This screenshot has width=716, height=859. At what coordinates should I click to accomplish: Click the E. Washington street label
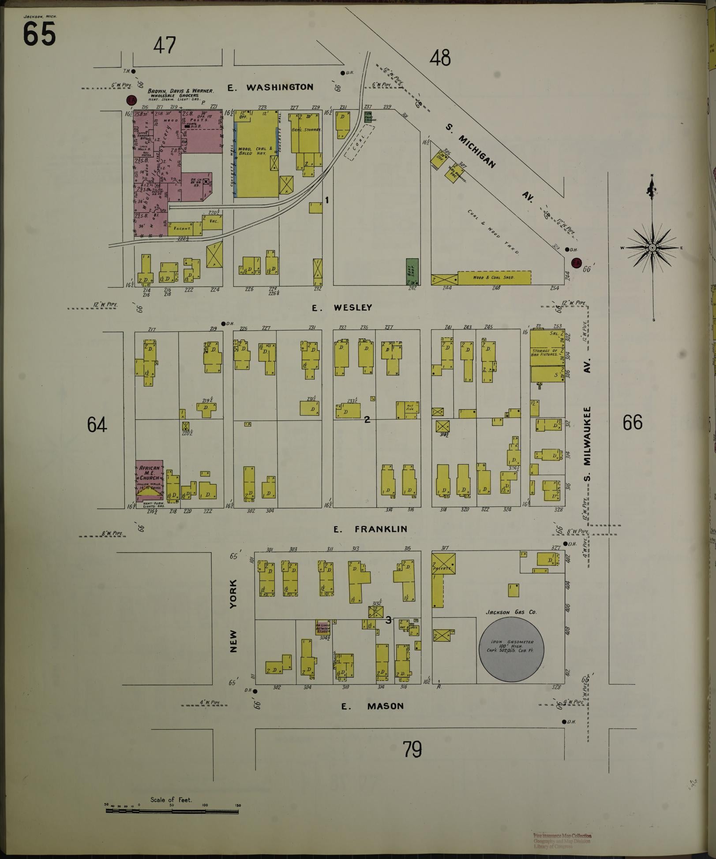click(270, 87)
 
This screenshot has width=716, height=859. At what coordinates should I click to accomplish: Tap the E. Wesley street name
click(342, 308)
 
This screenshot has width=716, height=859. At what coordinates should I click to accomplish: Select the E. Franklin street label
click(370, 529)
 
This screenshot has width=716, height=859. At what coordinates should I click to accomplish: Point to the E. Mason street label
click(373, 706)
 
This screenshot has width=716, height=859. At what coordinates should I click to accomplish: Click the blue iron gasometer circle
click(511, 648)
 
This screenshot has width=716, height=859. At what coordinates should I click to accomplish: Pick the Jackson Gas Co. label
click(511, 612)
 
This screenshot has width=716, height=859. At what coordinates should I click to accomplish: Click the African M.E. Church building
click(149, 481)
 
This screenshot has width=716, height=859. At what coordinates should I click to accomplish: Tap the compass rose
click(652, 248)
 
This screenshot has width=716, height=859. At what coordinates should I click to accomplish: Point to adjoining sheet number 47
click(165, 45)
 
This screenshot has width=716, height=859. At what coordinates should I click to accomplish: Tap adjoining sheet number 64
click(97, 424)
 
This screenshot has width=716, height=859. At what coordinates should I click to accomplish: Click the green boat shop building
click(412, 271)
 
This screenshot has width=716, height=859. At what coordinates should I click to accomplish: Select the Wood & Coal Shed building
click(494, 278)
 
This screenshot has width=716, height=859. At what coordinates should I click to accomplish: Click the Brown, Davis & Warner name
click(181, 91)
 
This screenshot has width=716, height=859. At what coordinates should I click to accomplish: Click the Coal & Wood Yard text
click(493, 232)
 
